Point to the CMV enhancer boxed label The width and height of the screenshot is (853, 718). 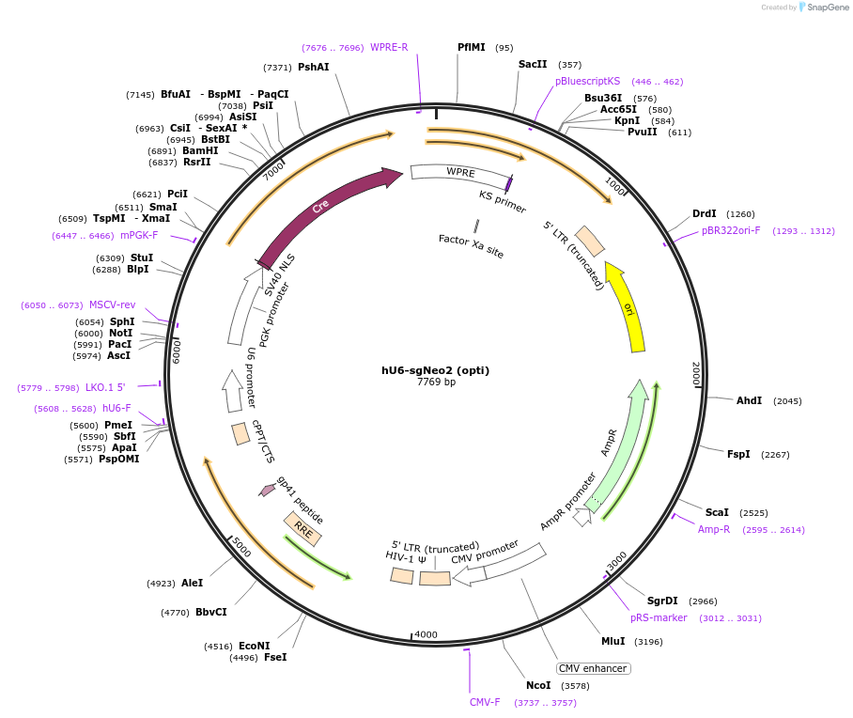(x=593, y=668)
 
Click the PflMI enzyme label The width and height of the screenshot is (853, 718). (x=472, y=47)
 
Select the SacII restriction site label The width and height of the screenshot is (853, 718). (x=533, y=65)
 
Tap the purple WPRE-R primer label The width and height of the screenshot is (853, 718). (x=389, y=47)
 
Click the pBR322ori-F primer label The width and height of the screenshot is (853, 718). (x=731, y=230)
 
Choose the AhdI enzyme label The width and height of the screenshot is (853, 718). (x=749, y=400)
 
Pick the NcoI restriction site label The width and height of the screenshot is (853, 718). (x=538, y=686)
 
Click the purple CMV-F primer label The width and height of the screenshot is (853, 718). (x=485, y=702)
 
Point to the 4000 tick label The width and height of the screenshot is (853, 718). (x=426, y=634)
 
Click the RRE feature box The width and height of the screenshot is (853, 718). (x=303, y=530)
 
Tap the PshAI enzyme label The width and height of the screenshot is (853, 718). (x=314, y=68)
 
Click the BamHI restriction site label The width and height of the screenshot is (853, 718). (x=200, y=150)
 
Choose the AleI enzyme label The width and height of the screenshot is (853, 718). (x=192, y=583)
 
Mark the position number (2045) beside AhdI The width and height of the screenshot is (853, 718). (x=787, y=401)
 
